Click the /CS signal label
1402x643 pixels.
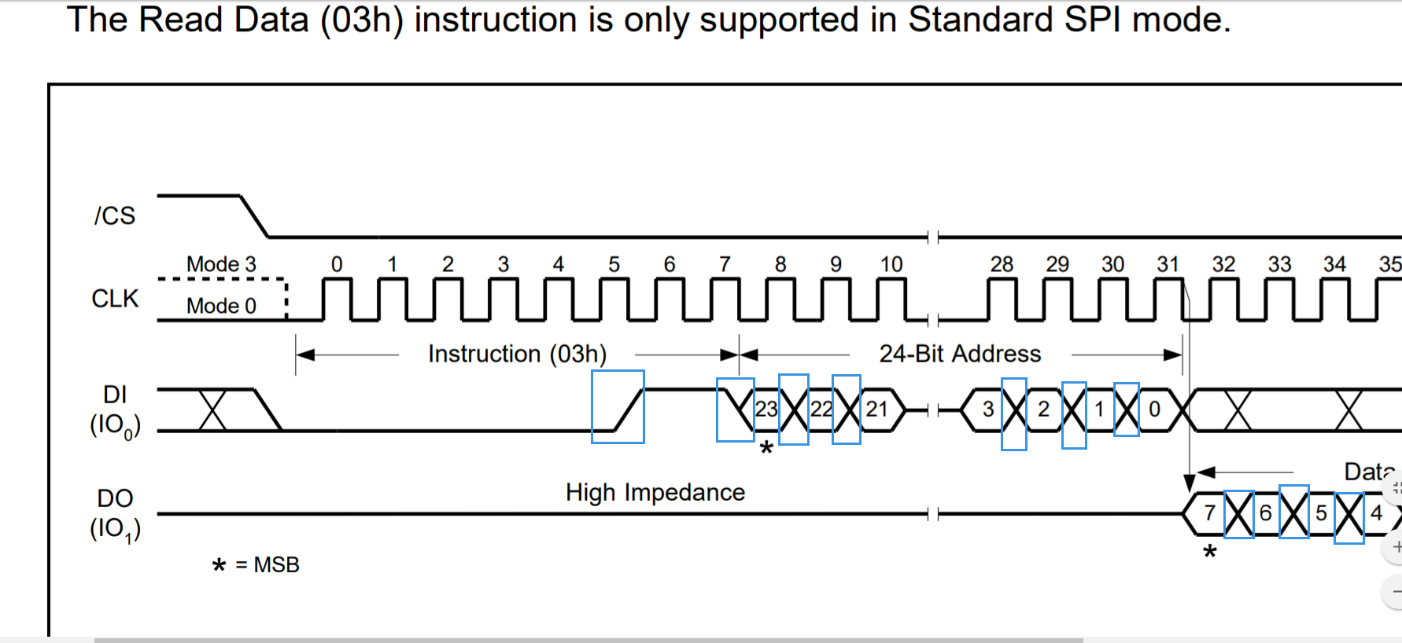(x=115, y=216)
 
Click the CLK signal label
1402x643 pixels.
(x=115, y=299)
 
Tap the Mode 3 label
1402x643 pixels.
(x=221, y=264)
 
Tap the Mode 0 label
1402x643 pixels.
(x=221, y=306)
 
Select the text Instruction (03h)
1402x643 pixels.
(x=517, y=355)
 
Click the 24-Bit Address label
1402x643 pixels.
(x=960, y=355)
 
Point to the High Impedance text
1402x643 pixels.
(x=655, y=493)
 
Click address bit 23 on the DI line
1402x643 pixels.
(x=766, y=410)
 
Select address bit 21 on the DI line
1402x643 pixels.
(x=877, y=410)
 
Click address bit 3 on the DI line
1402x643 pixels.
(x=988, y=410)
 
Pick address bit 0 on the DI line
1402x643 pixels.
(x=1154, y=410)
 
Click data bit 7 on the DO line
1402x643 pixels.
(x=1210, y=513)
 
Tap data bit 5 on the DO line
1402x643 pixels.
(x=1321, y=513)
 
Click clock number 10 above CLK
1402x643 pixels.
(x=891, y=265)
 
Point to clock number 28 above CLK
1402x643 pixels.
(x=1002, y=265)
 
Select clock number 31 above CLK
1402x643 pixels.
(x=1168, y=265)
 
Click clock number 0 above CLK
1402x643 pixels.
(x=337, y=265)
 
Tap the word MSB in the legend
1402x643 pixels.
(x=276, y=565)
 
